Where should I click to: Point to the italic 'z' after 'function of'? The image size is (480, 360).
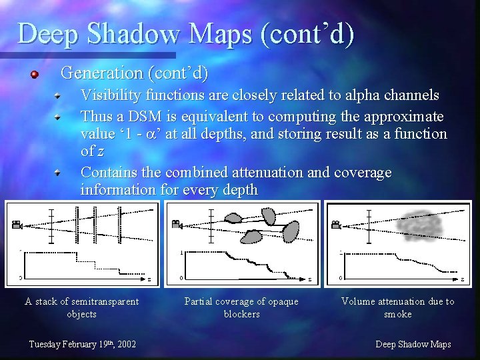tap(100, 151)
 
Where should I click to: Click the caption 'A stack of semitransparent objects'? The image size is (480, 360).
tap(81, 307)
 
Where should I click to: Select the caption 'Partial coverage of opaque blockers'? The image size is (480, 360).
tap(241, 307)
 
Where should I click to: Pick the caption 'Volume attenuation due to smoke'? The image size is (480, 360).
tap(397, 307)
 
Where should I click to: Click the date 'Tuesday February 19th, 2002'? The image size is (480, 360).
tap(83, 344)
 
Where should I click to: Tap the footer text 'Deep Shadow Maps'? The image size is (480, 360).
tap(413, 344)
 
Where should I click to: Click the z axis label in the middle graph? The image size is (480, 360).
tap(309, 278)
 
